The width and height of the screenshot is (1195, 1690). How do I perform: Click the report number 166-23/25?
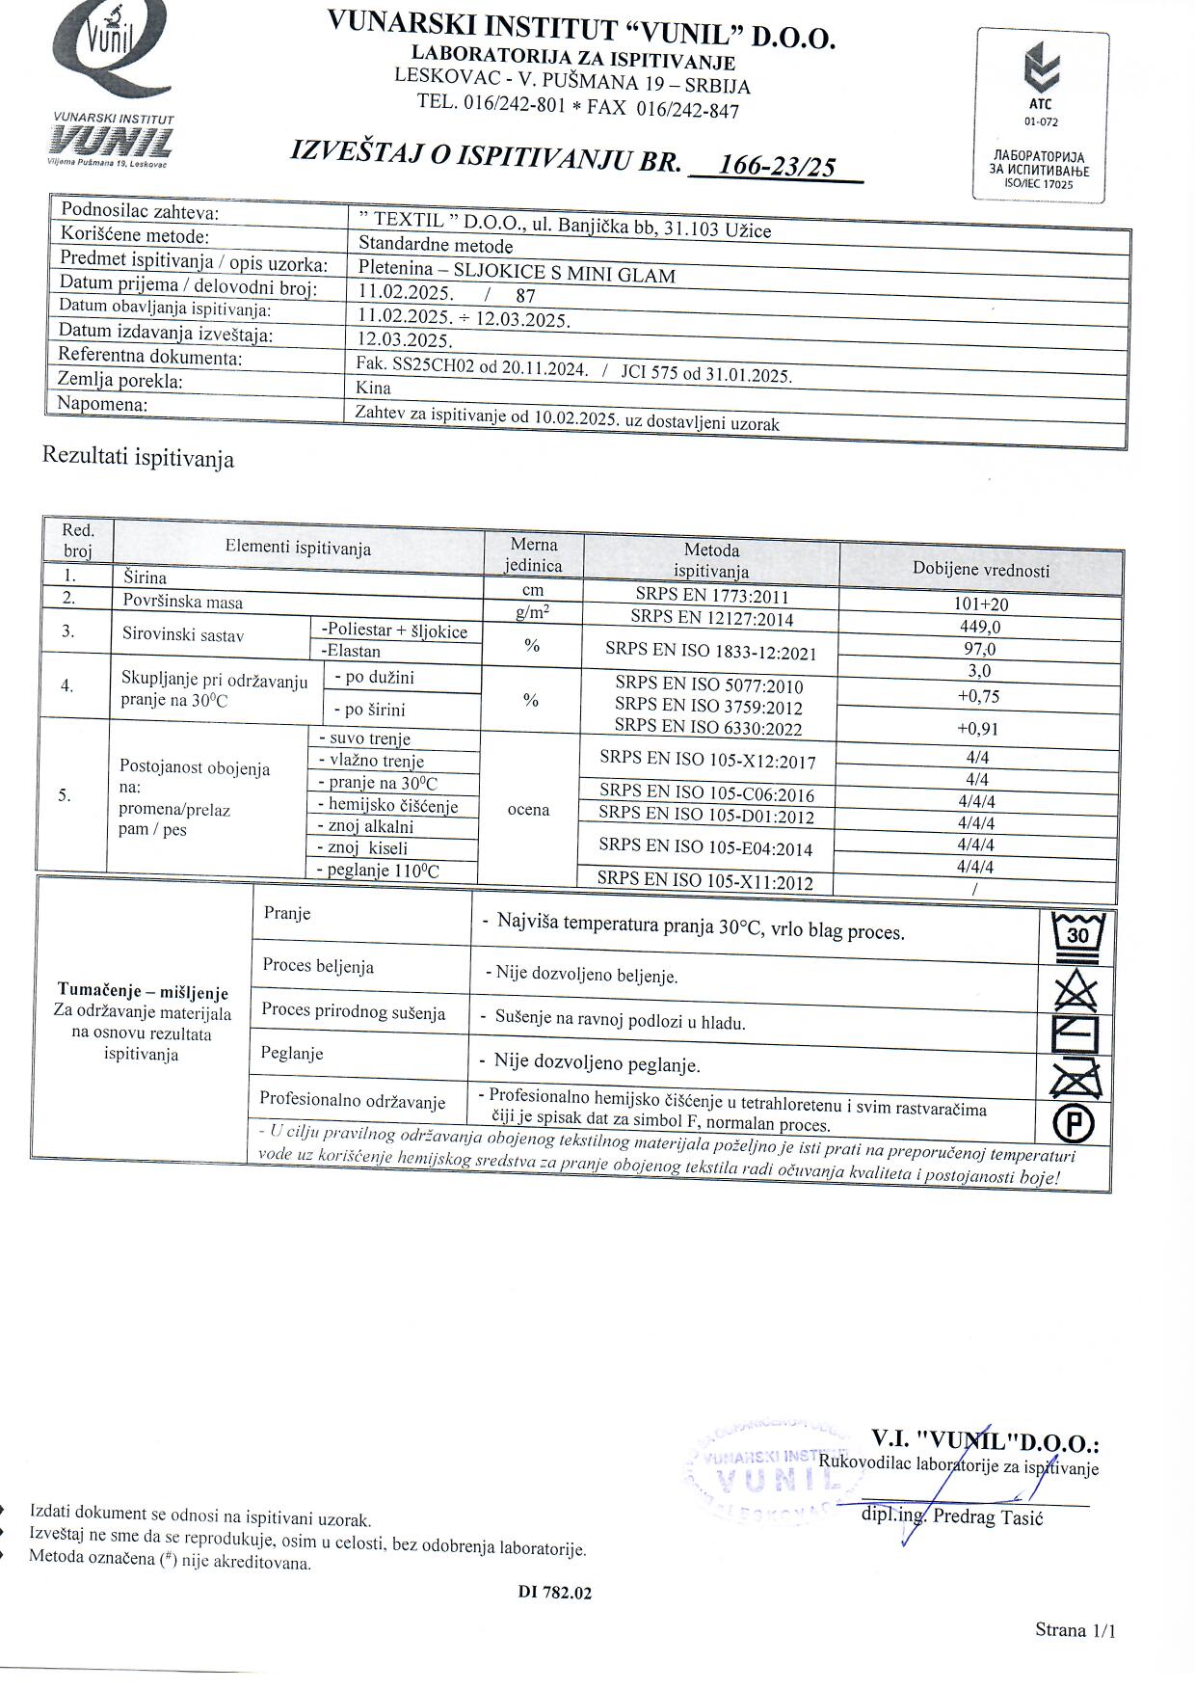point(778,166)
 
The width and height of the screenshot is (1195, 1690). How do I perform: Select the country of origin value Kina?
point(373,388)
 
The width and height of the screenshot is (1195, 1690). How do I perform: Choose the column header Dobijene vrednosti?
point(981,570)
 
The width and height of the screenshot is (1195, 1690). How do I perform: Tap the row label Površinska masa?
point(183,602)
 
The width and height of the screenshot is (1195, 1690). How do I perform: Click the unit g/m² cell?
point(532,611)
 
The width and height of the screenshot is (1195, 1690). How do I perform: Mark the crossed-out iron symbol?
point(1075,1076)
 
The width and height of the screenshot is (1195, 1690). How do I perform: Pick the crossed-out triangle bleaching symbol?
point(1076,989)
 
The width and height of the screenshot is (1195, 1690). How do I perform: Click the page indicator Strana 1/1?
point(1075,1630)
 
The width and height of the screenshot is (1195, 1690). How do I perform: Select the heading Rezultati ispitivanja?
point(138,457)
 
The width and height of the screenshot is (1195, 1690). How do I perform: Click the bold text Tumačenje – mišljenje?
point(143,991)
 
